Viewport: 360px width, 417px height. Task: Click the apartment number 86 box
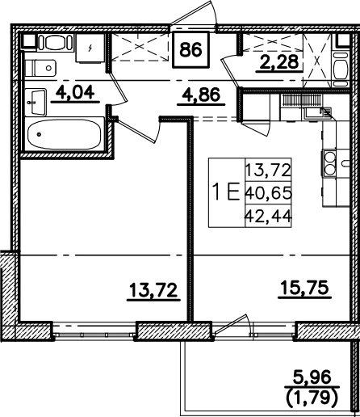tap(190, 49)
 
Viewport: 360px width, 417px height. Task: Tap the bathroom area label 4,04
tap(75, 92)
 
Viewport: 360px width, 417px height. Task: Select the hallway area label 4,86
tap(201, 95)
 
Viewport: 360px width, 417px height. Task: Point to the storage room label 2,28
tap(279, 61)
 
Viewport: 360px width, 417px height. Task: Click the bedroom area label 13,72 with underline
tap(153, 290)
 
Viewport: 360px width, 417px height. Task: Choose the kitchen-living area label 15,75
tap(304, 288)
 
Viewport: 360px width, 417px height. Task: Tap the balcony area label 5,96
tap(312, 377)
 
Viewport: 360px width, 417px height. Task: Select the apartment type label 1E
tap(226, 192)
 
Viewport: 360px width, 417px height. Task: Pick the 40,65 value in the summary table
tap(268, 193)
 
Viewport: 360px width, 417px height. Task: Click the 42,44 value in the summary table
tap(268, 216)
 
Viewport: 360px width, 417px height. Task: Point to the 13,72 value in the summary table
tap(268, 170)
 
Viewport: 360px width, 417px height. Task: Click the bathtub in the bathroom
tap(65, 134)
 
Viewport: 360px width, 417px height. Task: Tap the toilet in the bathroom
tap(40, 68)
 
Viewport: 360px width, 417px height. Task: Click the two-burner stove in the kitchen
tap(329, 163)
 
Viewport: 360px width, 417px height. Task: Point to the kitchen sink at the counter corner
tap(318, 113)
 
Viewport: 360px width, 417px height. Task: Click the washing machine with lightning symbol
tap(90, 48)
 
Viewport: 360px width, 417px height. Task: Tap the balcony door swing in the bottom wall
tap(232, 325)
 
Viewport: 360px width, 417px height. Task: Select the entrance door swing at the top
tap(195, 14)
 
